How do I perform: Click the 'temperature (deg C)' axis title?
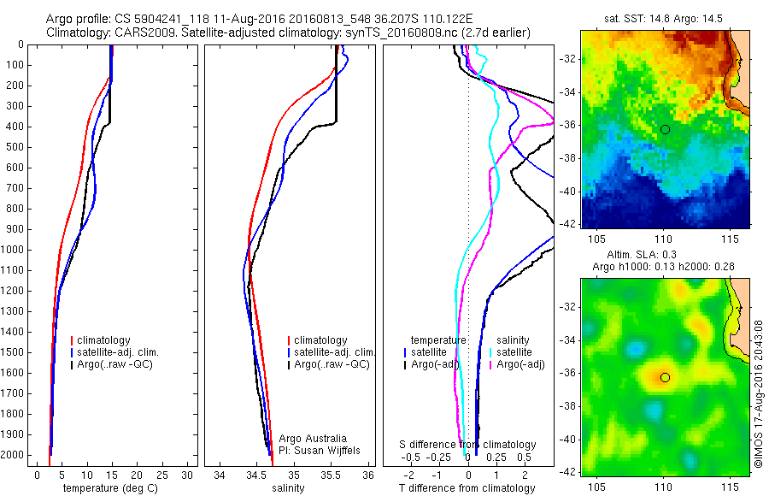coord(110,488)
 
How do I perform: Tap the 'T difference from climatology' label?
coord(467,488)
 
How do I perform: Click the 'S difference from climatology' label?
coord(467,445)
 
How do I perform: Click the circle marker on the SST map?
coord(665,129)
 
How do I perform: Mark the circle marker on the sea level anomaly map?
coord(665,377)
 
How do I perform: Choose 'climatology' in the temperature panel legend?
coord(105,340)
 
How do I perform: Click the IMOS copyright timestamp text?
coord(758,393)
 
